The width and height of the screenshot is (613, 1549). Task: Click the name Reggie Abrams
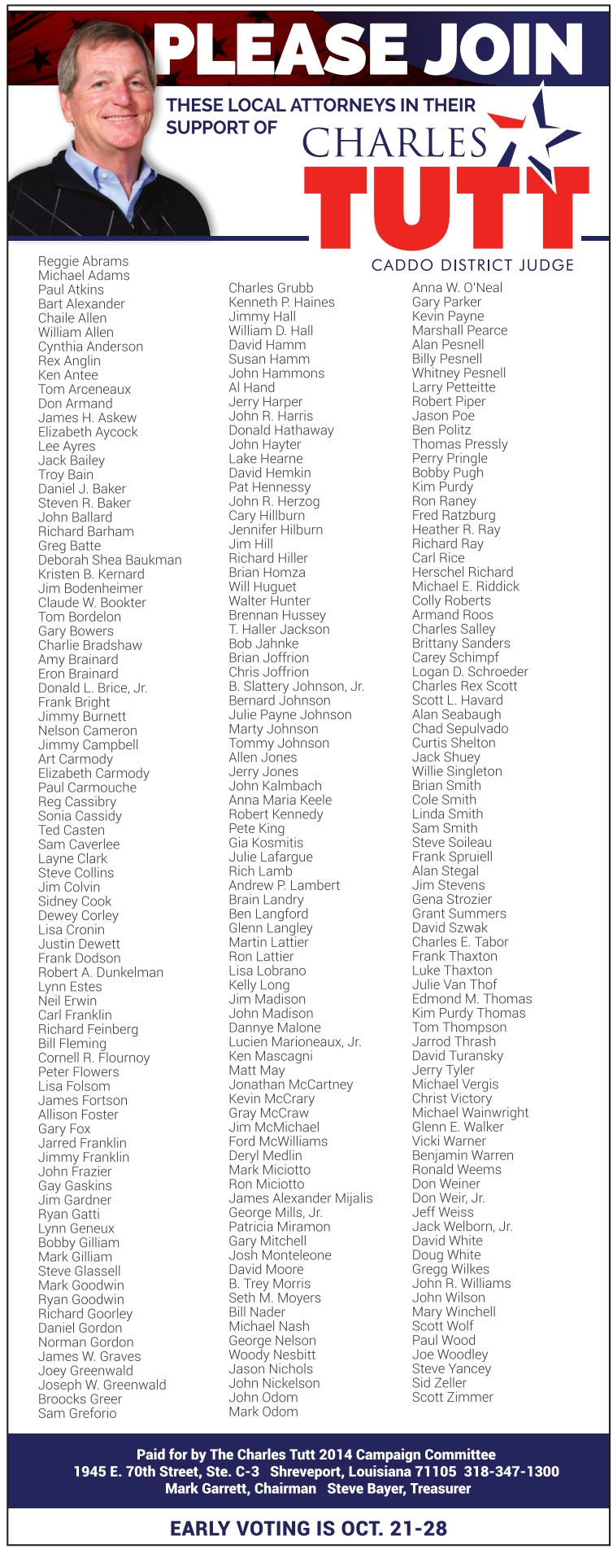tap(83, 261)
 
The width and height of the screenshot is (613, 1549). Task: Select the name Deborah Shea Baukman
tap(110, 560)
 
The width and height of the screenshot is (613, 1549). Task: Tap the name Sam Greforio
tap(77, 1413)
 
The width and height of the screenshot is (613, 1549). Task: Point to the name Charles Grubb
tap(271, 288)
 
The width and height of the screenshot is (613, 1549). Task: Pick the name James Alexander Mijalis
tap(301, 1198)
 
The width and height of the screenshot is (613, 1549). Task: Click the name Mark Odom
tap(263, 1412)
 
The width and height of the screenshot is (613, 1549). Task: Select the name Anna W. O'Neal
tap(457, 287)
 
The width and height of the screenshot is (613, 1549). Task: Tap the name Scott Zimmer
tap(453, 1397)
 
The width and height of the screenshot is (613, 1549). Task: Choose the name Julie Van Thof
tap(454, 984)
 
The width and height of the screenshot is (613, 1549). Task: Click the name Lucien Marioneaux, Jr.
tap(295, 1042)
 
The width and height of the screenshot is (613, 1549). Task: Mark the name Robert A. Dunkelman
tap(101, 972)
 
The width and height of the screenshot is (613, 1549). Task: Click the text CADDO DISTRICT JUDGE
tap(472, 265)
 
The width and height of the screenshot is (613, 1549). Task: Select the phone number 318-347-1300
tap(511, 1472)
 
